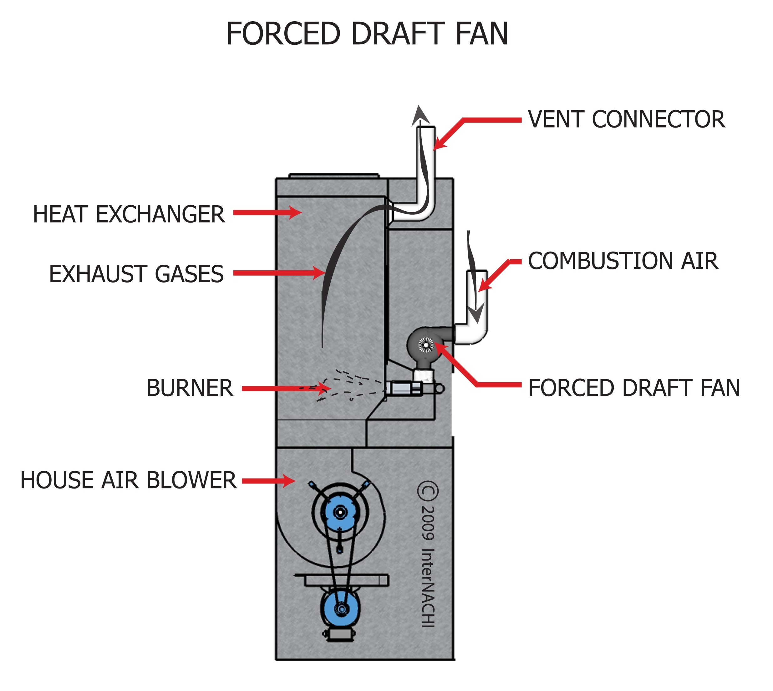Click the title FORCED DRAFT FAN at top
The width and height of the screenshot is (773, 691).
(x=367, y=34)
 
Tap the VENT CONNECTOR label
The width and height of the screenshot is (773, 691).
(x=626, y=120)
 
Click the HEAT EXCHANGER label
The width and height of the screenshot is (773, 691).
(x=129, y=214)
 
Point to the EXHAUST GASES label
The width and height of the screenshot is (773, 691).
(x=136, y=274)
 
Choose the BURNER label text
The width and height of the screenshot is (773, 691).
(x=190, y=388)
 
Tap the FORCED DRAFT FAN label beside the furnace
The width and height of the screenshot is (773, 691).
(x=634, y=388)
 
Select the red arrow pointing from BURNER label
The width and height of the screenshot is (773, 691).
(x=285, y=388)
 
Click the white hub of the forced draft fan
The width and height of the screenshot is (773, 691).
(x=426, y=345)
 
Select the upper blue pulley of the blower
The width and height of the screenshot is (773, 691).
(x=340, y=513)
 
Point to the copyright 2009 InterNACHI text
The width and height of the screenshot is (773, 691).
(x=428, y=554)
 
